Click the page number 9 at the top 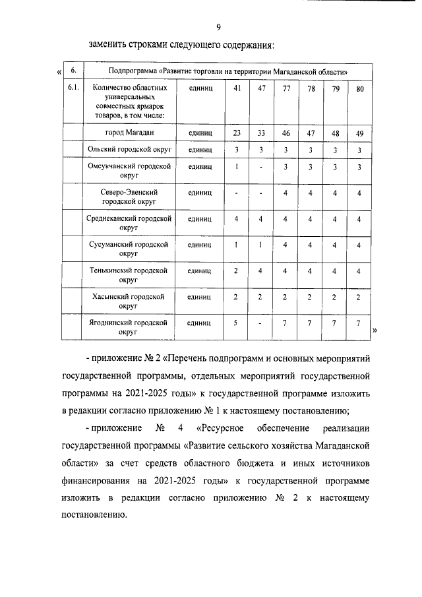[x=218, y=26]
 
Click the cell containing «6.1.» [x=74, y=88]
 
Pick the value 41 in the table [x=237, y=88]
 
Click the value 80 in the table [x=359, y=88]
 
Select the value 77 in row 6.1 [x=286, y=88]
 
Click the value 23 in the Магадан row [x=237, y=133]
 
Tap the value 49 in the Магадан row [x=359, y=133]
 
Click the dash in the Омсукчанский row [x=261, y=168]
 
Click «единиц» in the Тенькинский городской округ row [x=199, y=271]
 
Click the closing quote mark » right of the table [x=375, y=330]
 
